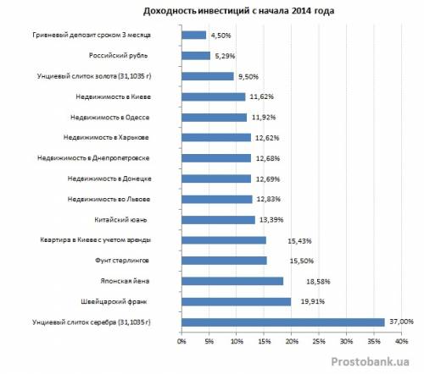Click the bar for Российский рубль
196,56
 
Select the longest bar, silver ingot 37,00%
283,322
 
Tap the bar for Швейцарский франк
237,302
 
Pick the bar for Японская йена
232,281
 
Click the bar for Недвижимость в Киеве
214,96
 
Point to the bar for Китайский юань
218,220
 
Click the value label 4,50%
220,36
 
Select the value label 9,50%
248,77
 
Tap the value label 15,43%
299,241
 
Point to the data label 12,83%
269,200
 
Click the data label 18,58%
318,282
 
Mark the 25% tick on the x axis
319,341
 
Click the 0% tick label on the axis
181,341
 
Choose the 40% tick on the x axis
401,341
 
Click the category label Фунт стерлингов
122,261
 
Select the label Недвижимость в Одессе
110,118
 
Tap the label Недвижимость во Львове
109,199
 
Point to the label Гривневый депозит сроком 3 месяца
92,36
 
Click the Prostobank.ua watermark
371,361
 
